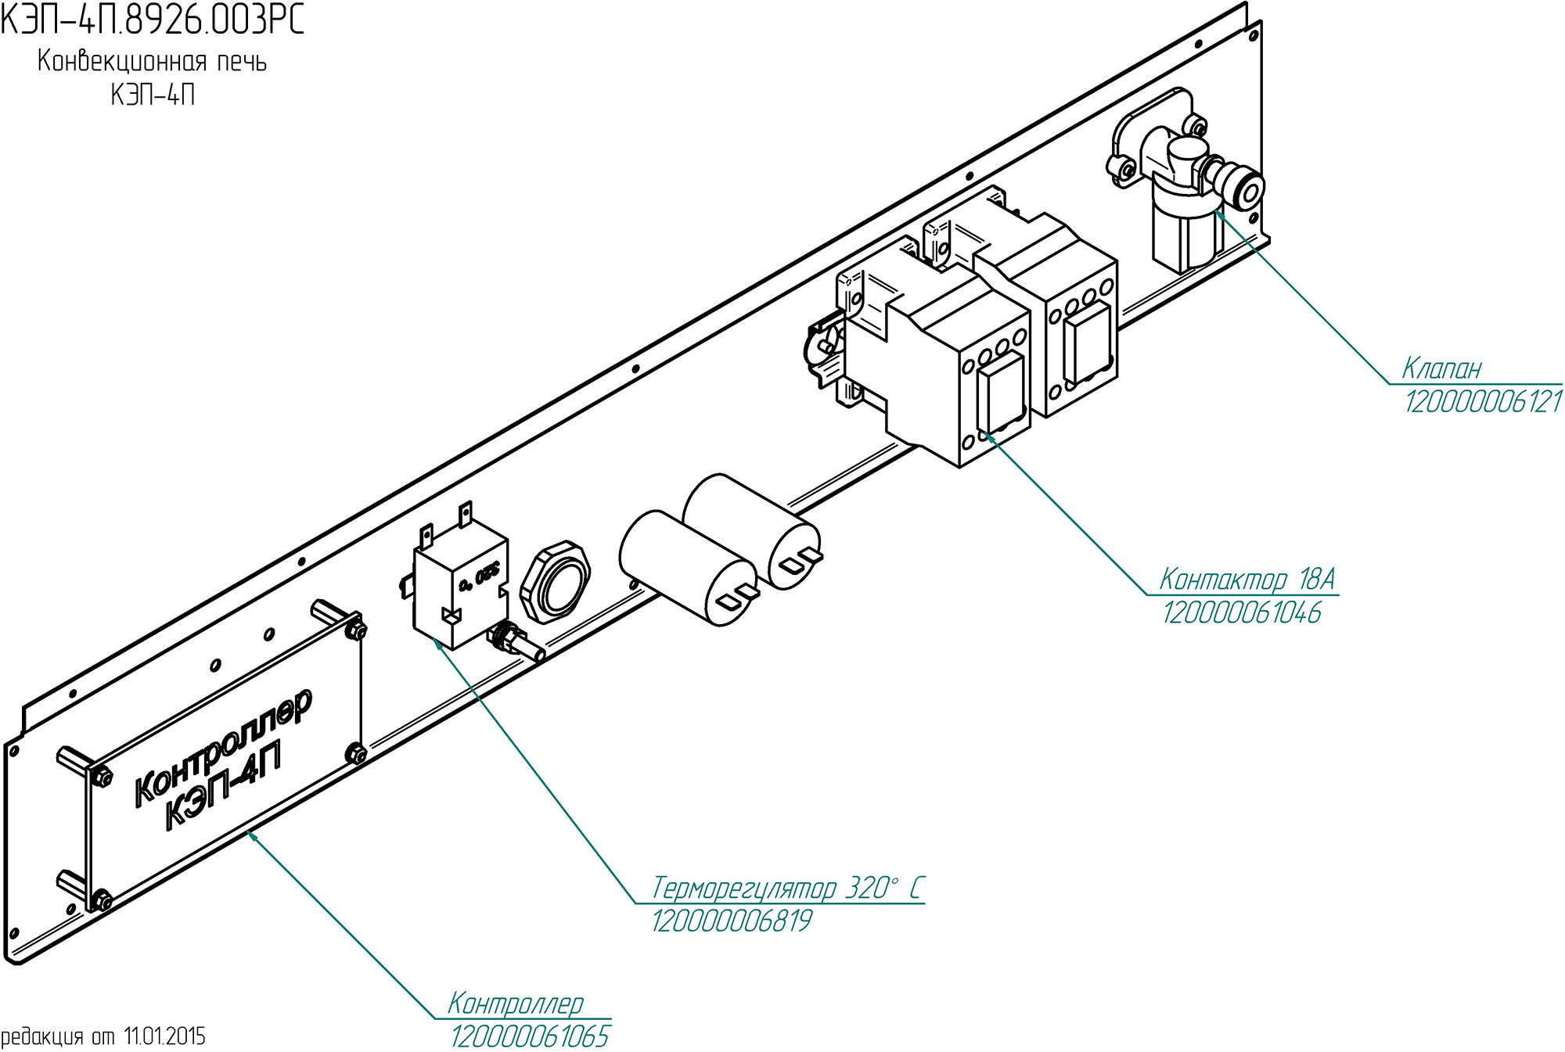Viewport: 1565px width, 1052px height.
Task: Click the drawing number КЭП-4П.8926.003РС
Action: [152, 20]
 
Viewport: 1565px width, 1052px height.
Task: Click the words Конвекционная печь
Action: [153, 61]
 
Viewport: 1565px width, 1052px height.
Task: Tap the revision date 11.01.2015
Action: [164, 1037]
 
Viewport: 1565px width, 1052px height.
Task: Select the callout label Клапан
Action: [1441, 368]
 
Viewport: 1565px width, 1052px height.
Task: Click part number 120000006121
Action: [1484, 402]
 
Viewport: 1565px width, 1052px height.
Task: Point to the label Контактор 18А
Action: [1247, 580]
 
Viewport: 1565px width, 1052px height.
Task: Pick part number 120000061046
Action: [1242, 612]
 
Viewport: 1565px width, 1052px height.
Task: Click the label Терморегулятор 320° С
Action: [787, 889]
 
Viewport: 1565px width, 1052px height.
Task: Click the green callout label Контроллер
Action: [516, 1004]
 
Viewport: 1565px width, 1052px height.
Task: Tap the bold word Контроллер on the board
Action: [224, 746]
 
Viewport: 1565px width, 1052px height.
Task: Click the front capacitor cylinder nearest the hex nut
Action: [689, 568]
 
